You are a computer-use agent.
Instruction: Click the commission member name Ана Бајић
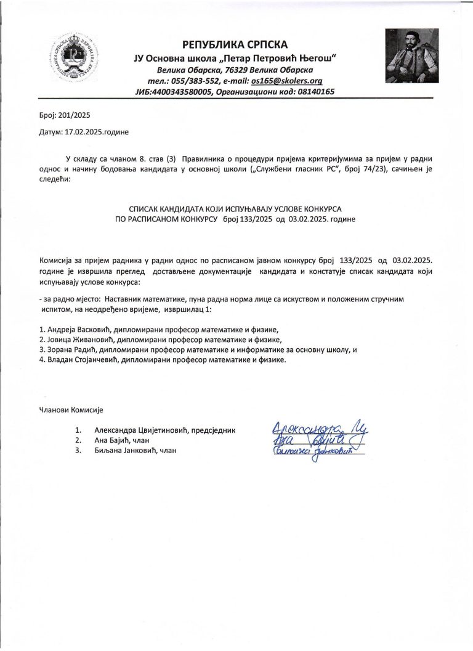tap(113, 440)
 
